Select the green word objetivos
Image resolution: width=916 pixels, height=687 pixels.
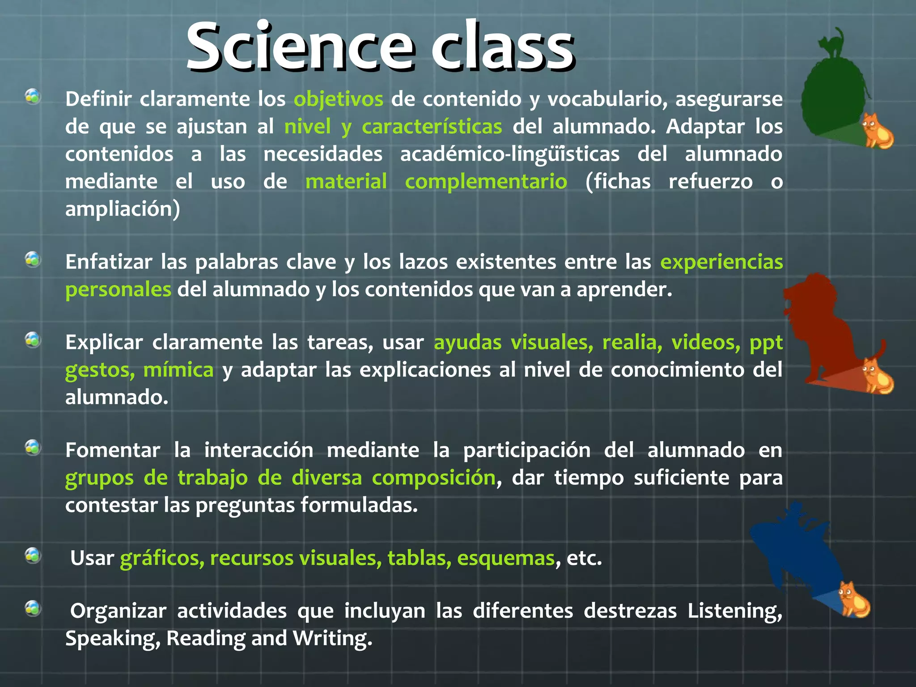[338, 99]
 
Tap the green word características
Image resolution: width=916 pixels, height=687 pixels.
[432, 127]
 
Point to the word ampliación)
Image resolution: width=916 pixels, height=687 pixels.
[123, 209]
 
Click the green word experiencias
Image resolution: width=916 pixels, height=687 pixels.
[721, 262]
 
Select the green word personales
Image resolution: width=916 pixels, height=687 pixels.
[118, 290]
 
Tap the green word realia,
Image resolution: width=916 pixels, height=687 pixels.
[632, 343]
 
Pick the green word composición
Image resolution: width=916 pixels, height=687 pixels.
[433, 478]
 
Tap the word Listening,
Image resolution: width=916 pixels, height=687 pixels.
[734, 611]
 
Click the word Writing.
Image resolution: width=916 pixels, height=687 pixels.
[332, 639]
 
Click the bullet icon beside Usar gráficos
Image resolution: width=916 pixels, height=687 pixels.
[33, 556]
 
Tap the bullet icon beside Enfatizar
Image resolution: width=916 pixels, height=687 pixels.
[33, 259]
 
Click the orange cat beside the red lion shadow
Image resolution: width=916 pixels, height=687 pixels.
[877, 376]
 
